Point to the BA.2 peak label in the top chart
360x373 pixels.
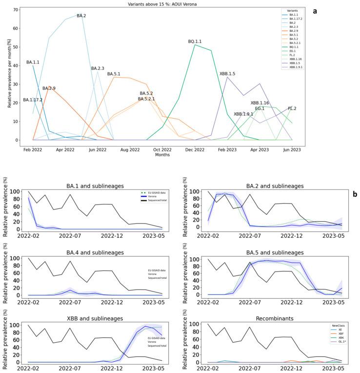(81, 16)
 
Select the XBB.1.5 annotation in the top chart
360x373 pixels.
(227, 74)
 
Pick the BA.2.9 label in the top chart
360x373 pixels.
(49, 88)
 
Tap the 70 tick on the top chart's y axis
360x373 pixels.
(16, 10)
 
